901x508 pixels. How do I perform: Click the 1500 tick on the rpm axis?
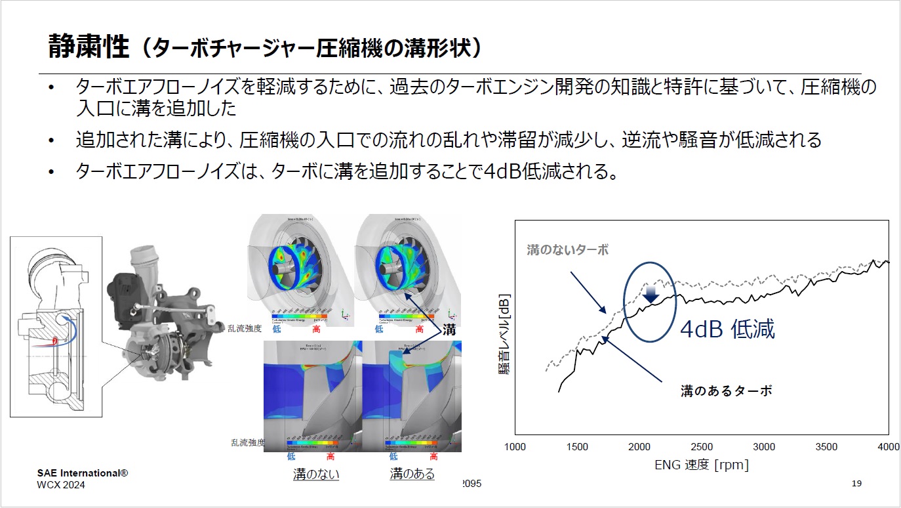(577, 447)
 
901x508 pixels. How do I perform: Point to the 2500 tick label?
(702, 447)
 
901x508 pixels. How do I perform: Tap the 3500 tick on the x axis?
(826, 447)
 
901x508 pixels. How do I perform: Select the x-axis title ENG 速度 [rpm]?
(702, 465)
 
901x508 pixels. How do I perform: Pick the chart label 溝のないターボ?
(568, 250)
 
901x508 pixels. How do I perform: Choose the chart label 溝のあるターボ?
(727, 391)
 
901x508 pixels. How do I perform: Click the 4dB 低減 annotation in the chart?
(727, 329)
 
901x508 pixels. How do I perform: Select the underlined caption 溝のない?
(316, 473)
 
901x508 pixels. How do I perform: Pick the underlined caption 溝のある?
(412, 473)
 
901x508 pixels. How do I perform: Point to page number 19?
(856, 484)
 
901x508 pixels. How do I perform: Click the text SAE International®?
(82, 473)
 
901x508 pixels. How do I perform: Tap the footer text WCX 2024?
(61, 485)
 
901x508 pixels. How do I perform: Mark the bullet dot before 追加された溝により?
(51, 140)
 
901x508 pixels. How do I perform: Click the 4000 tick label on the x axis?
(888, 447)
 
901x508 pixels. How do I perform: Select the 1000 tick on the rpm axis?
(515, 447)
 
